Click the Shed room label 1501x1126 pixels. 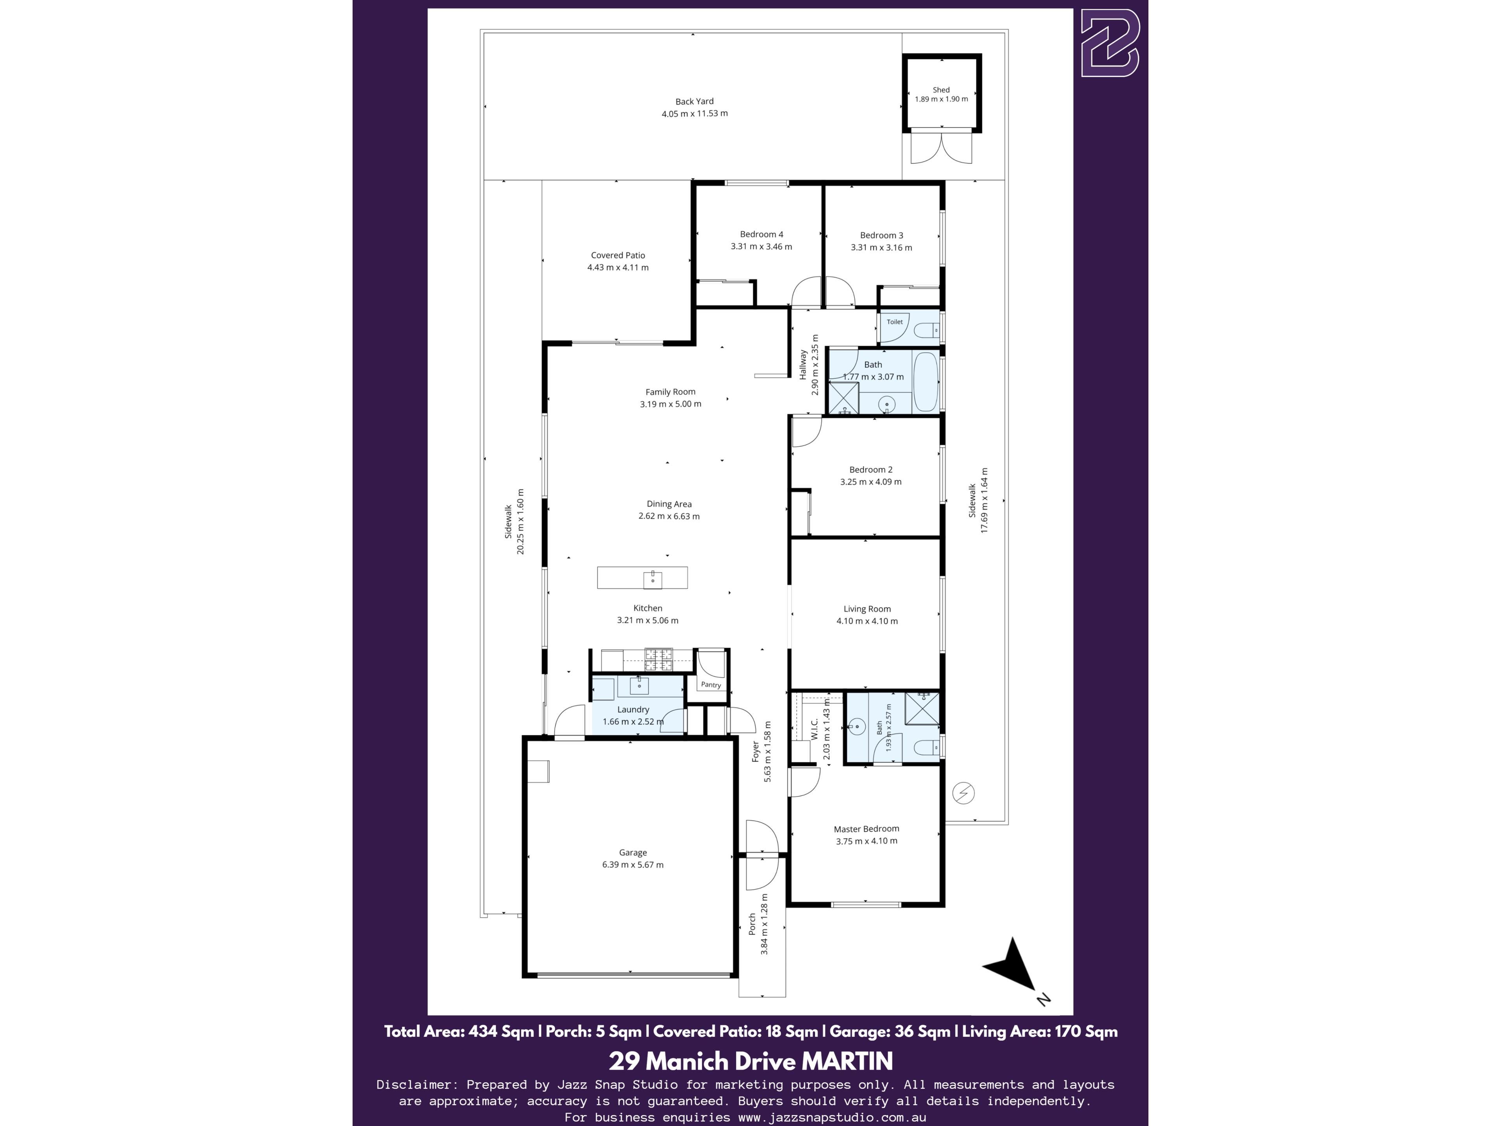[x=941, y=90]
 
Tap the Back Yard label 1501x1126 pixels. [x=694, y=101]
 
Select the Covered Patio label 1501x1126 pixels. [x=618, y=255]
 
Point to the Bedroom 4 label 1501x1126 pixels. [x=761, y=234]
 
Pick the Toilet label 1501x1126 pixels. [x=894, y=322]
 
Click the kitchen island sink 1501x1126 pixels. [x=652, y=579]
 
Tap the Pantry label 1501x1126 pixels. [x=711, y=685]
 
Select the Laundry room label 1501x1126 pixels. [x=633, y=709]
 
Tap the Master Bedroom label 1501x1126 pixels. [x=867, y=829]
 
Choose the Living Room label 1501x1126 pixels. [x=867, y=609]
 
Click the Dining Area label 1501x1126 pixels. [x=669, y=504]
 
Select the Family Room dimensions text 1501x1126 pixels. [x=670, y=404]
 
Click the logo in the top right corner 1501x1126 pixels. [x=1110, y=43]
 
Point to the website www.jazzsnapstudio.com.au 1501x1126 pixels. [x=832, y=1117]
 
